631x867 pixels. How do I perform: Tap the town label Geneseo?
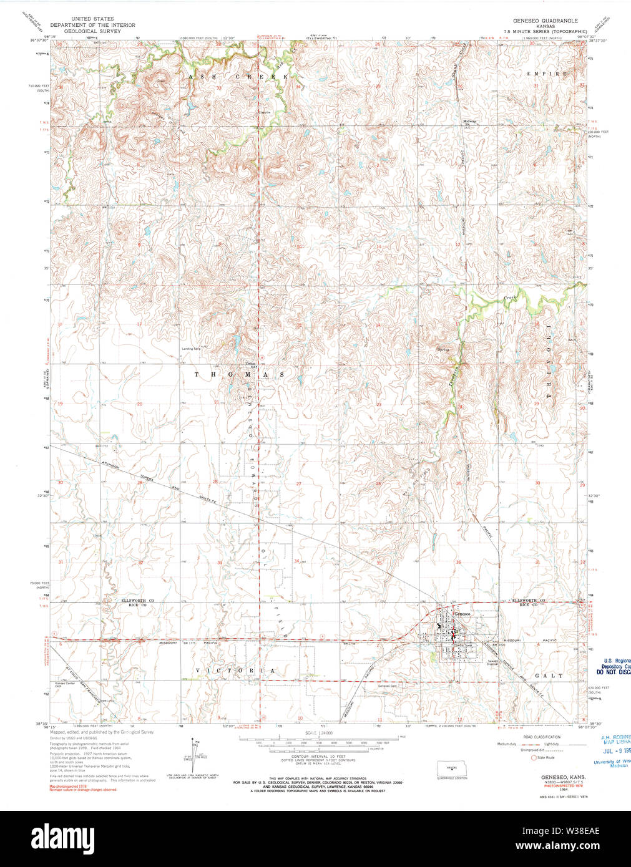click(x=462, y=613)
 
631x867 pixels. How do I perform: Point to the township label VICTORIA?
click(x=235, y=671)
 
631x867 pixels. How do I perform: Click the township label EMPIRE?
click(x=548, y=74)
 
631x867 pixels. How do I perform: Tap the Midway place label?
click(x=469, y=121)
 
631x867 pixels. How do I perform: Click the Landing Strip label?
click(x=191, y=349)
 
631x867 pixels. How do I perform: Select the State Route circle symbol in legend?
click(x=534, y=757)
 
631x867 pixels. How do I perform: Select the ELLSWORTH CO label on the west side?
click(x=137, y=600)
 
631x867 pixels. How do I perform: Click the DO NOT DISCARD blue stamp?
click(x=613, y=673)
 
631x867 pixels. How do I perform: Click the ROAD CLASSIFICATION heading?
click(x=542, y=737)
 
